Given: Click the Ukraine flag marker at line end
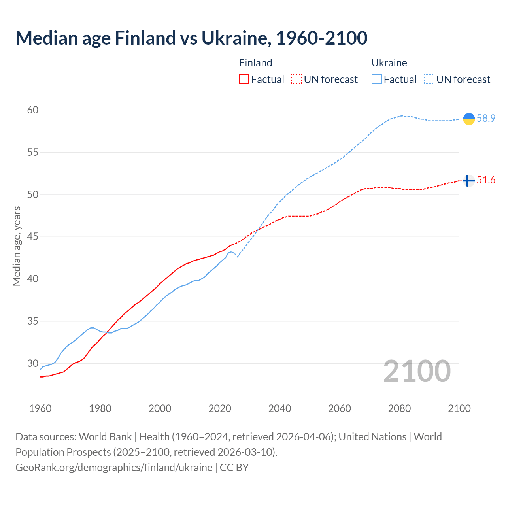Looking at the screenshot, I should tap(468, 119).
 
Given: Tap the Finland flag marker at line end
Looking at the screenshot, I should tap(468, 181).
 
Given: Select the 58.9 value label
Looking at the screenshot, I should tap(486, 119).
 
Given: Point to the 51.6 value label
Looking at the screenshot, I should tap(486, 180).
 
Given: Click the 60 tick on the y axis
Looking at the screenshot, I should tap(33, 110).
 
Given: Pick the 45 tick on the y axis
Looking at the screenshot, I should tap(33, 237).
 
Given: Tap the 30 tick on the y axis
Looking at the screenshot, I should tap(33, 363).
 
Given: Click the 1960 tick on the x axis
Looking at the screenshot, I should tap(40, 408).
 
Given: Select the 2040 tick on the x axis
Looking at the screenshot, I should tap(279, 408).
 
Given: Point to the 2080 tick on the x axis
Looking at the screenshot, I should tap(399, 408).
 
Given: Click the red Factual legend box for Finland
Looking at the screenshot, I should tap(244, 79).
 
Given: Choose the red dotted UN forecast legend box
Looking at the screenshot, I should tap(296, 79).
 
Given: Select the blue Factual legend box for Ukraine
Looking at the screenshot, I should tap(377, 79).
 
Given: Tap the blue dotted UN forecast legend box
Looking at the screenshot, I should tap(429, 79).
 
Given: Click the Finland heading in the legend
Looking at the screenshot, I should tap(255, 63).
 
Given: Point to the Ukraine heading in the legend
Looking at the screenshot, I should tap(389, 63).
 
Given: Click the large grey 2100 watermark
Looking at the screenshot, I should tap(417, 371).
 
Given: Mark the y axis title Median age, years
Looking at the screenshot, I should tap(17, 246).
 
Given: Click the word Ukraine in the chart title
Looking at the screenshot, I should tap(236, 38).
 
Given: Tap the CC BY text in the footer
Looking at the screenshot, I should tap(234, 467).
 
